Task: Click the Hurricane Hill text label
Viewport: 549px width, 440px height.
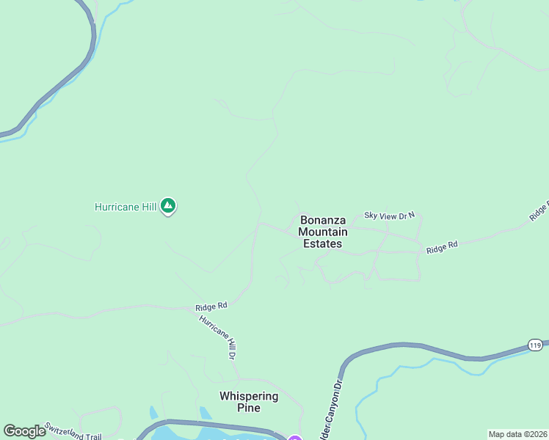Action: (x=126, y=208)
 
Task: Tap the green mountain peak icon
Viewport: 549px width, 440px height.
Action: (x=168, y=206)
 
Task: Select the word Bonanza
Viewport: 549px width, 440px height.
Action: (x=323, y=219)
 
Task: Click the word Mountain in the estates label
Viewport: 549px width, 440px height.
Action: (x=323, y=232)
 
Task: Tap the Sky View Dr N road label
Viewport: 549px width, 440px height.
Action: (x=390, y=216)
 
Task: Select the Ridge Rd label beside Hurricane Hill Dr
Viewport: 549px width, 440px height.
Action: (x=211, y=307)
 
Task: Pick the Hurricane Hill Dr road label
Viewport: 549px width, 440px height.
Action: (x=217, y=337)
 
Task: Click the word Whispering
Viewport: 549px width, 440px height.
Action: (x=249, y=396)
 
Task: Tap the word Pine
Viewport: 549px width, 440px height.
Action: (x=249, y=408)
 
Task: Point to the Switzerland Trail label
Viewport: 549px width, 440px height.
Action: (x=71, y=431)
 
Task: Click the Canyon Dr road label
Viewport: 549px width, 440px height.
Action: (x=330, y=411)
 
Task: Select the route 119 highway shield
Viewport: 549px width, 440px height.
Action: (x=536, y=345)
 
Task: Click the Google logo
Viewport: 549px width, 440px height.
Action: (x=24, y=431)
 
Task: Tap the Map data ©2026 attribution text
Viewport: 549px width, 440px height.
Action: (x=517, y=434)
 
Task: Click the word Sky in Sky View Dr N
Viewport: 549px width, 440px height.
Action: (x=371, y=216)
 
